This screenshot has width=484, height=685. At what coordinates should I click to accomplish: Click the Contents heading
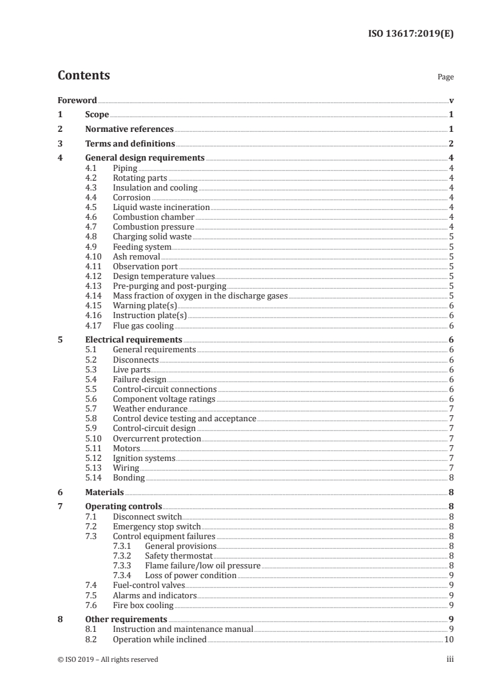coord(84,76)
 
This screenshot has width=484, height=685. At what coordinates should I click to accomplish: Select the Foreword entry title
coord(77,100)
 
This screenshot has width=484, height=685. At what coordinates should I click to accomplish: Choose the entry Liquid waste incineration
coord(161,208)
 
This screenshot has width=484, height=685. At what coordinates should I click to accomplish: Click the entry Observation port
coord(145,266)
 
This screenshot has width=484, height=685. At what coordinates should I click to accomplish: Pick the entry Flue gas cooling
coord(143,325)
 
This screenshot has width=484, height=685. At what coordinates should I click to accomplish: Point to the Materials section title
coord(104,492)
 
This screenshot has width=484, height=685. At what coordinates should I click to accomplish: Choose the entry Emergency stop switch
coord(156,526)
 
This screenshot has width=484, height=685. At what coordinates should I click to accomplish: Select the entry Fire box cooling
coord(143,605)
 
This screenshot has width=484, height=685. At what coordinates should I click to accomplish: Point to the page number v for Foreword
coord(451,100)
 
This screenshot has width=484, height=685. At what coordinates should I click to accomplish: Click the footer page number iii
coord(450,659)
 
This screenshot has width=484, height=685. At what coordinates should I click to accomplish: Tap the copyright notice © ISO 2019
coord(108,659)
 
